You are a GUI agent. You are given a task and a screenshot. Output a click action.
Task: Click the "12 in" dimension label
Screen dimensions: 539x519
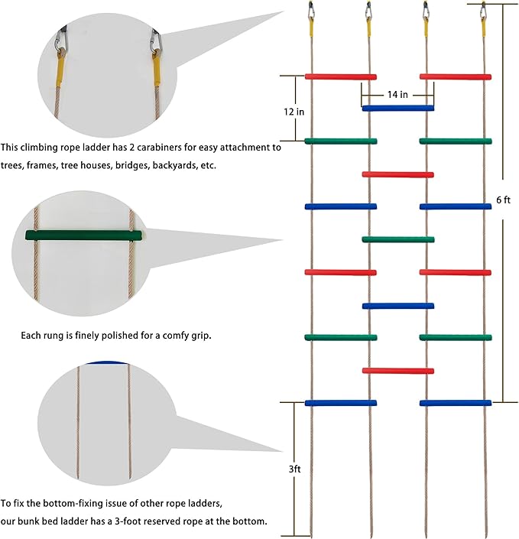[x=294, y=112]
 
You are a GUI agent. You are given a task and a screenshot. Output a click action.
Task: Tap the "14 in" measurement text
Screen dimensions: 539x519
[x=397, y=95]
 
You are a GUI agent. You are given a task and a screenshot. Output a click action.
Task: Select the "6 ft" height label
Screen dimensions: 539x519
[x=503, y=200]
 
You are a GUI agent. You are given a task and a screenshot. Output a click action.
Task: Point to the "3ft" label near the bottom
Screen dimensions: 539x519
[x=295, y=469]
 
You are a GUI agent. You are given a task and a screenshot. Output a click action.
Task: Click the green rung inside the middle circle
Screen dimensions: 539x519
[x=84, y=235]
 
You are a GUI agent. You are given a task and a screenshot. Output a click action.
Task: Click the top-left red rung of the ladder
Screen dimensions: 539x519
[x=340, y=76]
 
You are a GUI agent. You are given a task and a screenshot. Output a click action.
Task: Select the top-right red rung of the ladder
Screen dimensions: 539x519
[x=456, y=76]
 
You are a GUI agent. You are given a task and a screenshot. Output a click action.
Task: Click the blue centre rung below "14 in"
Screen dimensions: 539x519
[x=397, y=109]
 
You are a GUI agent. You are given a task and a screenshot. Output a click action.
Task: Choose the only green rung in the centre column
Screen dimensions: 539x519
[x=397, y=240]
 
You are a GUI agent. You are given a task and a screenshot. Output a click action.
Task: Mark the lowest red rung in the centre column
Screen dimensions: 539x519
[x=397, y=371]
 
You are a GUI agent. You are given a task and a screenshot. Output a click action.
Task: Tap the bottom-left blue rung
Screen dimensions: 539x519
[x=340, y=403]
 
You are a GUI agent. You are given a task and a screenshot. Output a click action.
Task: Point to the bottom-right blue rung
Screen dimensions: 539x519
[x=456, y=403]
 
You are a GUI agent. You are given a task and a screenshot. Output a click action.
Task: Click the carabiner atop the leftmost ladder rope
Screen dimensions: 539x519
[x=311, y=11]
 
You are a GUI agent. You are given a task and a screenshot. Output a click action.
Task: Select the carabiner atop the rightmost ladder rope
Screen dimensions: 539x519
[x=484, y=11]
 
